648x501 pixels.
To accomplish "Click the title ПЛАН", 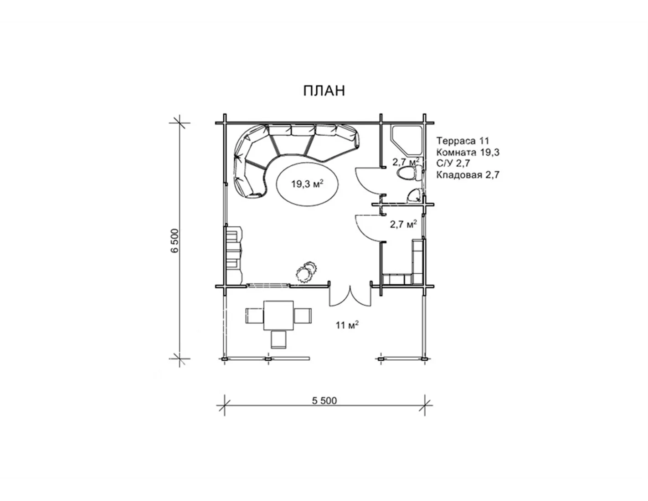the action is [324, 91].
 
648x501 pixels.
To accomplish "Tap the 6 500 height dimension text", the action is [175, 240].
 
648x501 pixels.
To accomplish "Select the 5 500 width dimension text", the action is [324, 401].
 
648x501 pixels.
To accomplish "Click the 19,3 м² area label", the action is [308, 184].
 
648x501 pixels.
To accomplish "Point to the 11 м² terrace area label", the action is [347, 325].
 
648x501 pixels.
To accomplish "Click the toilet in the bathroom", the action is [410, 173].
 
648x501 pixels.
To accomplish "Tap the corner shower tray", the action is [406, 141].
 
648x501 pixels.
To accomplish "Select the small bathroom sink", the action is [414, 196].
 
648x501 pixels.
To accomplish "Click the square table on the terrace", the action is [278, 315].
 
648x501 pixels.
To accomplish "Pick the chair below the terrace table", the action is [279, 339].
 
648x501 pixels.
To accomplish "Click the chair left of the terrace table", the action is [254, 316].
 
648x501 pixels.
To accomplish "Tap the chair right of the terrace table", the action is [303, 316].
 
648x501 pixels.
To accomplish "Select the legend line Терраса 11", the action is [463, 140].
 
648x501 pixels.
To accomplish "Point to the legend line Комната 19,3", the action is [468, 152].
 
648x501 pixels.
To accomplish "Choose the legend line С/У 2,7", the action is [453, 164].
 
